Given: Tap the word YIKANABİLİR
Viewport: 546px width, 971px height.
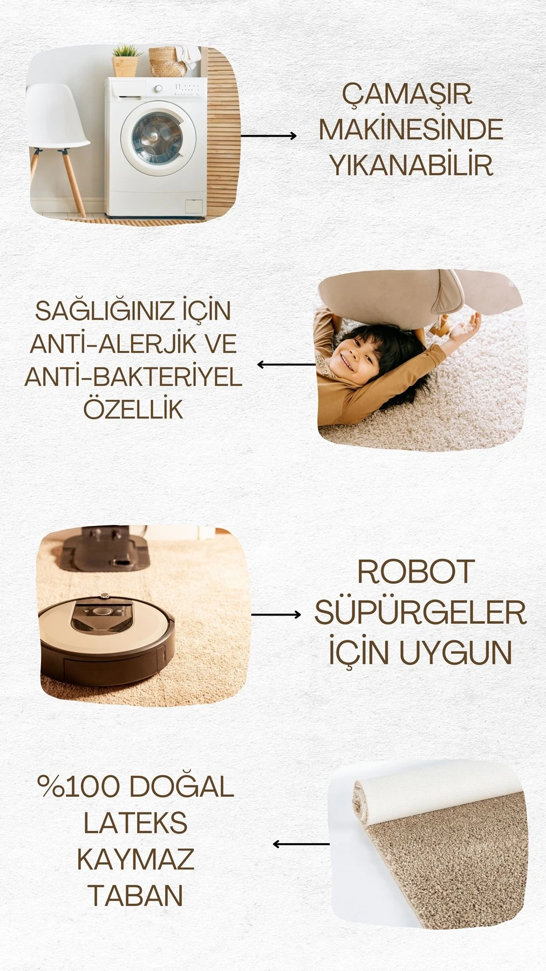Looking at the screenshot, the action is click(411, 165).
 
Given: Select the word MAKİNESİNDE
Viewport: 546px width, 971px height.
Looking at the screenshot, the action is click(411, 129).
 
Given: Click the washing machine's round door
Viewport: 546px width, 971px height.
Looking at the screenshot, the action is click(158, 137).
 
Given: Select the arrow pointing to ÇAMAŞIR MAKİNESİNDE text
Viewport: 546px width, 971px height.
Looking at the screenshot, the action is click(268, 136).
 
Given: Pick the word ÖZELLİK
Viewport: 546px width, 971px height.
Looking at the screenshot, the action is click(133, 409).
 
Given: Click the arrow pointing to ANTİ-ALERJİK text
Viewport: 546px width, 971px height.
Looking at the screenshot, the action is click(286, 365).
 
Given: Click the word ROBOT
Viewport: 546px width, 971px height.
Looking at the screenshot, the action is click(415, 572).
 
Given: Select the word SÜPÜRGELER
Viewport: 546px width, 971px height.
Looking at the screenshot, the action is click(420, 612).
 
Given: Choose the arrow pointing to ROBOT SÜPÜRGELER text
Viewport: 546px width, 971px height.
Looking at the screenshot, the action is click(276, 614).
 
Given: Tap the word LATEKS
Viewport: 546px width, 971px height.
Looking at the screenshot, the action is click(135, 823).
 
